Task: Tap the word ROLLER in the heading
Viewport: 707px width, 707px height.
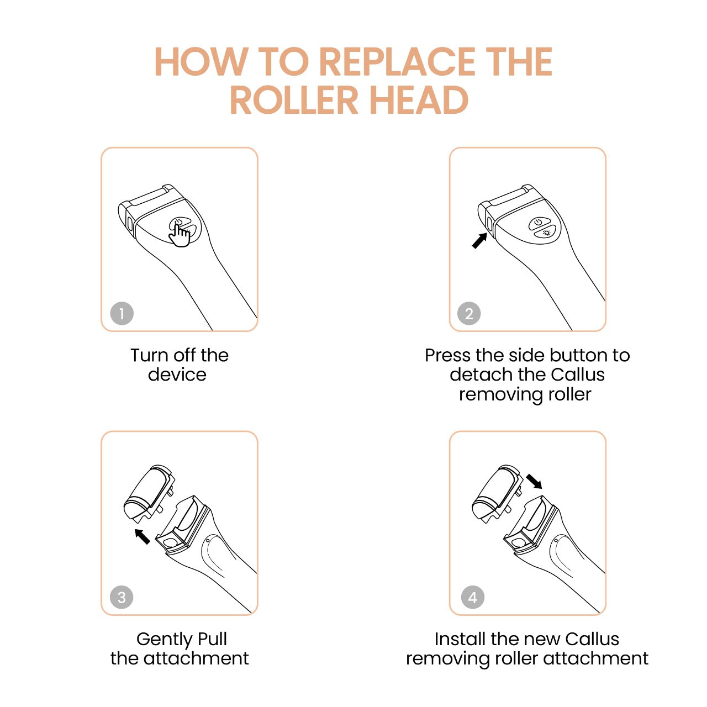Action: pos(294,100)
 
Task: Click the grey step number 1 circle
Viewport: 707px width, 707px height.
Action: pos(122,314)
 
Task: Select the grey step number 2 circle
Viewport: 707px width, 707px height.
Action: pos(469,314)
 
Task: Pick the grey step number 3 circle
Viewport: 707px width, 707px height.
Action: pos(122,597)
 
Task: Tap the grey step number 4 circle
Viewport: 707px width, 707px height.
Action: pos(473,597)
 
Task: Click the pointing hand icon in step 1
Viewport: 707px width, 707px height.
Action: pos(180,235)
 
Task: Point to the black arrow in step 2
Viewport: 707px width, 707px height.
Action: pos(479,240)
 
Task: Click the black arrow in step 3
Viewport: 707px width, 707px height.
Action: pos(143,536)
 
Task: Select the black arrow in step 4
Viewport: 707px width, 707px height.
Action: pos(534,481)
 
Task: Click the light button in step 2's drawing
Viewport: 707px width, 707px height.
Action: pos(546,232)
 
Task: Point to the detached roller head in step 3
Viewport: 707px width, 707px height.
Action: pos(149,493)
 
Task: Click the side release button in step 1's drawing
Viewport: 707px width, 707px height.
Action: pos(129,224)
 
